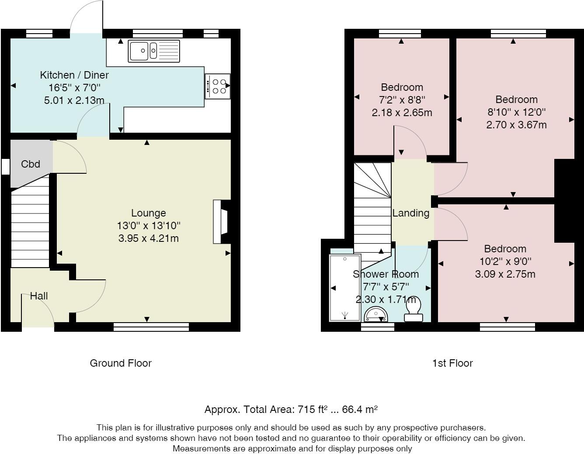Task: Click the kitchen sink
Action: [x=154, y=51]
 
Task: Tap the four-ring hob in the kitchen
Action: [x=217, y=86]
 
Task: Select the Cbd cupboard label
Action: [x=31, y=164]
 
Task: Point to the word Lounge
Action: [x=148, y=213]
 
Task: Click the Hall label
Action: [x=39, y=296]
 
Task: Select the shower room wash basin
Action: [x=376, y=314]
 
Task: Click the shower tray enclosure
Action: [x=345, y=288]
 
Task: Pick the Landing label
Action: [x=410, y=213]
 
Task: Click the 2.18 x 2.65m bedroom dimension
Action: [x=402, y=113]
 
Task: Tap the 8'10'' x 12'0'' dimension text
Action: [x=516, y=112]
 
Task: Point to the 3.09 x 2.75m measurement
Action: [x=505, y=274]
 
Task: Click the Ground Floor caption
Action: [x=121, y=363]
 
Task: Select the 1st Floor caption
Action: [x=452, y=363]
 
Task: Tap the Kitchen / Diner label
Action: [x=74, y=75]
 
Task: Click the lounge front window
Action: [x=151, y=327]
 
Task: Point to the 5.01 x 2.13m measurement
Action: [x=74, y=100]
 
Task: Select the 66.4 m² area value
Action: [x=360, y=409]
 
